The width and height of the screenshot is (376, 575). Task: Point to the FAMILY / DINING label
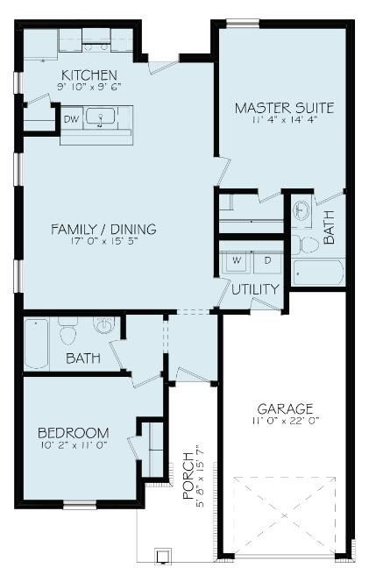pos(103,230)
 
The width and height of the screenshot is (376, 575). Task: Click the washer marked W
pos(235,260)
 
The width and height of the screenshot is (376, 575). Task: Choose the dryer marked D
pos(268,260)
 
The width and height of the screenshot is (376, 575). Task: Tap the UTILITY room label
pos(256,288)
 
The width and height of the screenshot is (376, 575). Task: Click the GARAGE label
pos(285,408)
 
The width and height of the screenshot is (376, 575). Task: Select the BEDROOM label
pos(74,433)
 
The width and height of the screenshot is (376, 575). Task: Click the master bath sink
pos(302,211)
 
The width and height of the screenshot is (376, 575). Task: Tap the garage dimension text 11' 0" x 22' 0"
pos(285,422)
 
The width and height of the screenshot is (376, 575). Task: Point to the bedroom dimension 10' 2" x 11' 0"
pos(74,446)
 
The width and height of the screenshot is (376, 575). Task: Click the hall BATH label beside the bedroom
pos(82,359)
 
